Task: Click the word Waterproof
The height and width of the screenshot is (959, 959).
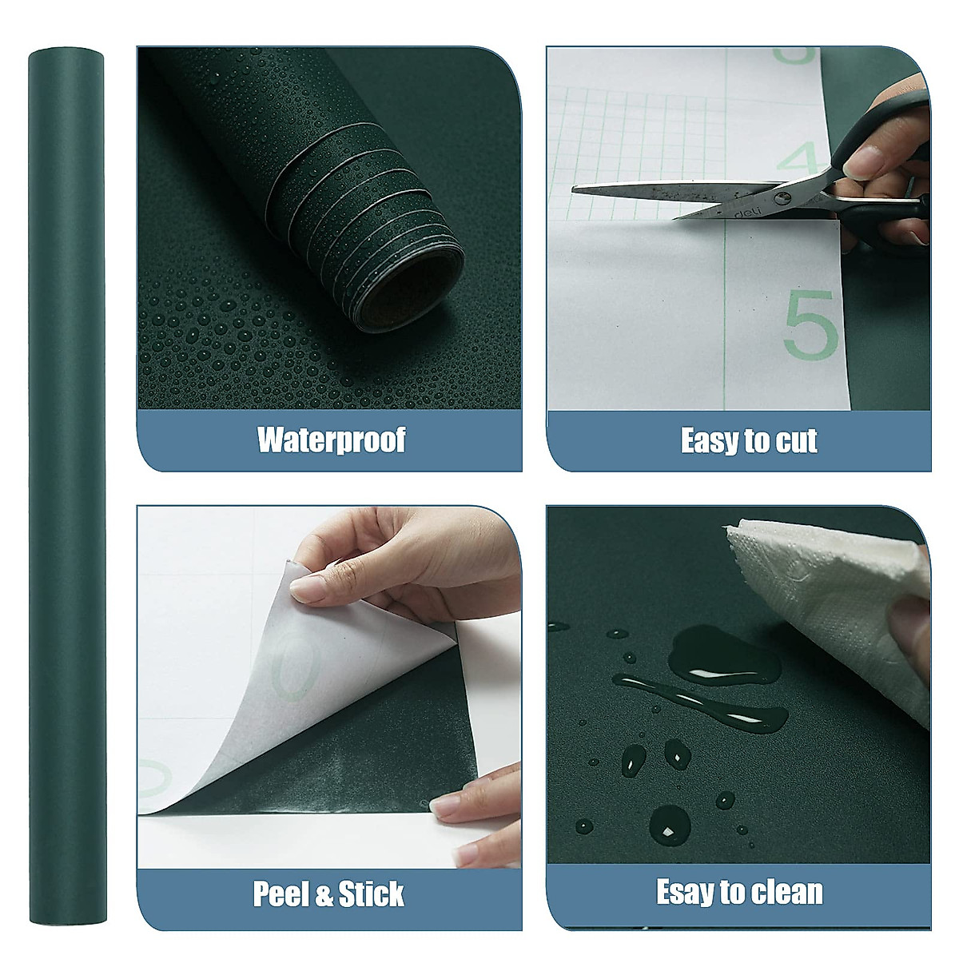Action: pyautogui.click(x=331, y=440)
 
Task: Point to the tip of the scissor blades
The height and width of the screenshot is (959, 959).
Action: pyautogui.click(x=575, y=189)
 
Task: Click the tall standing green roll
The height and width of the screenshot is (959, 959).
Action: pyautogui.click(x=66, y=479)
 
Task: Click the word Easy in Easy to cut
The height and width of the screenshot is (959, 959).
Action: pyautogui.click(x=706, y=441)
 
